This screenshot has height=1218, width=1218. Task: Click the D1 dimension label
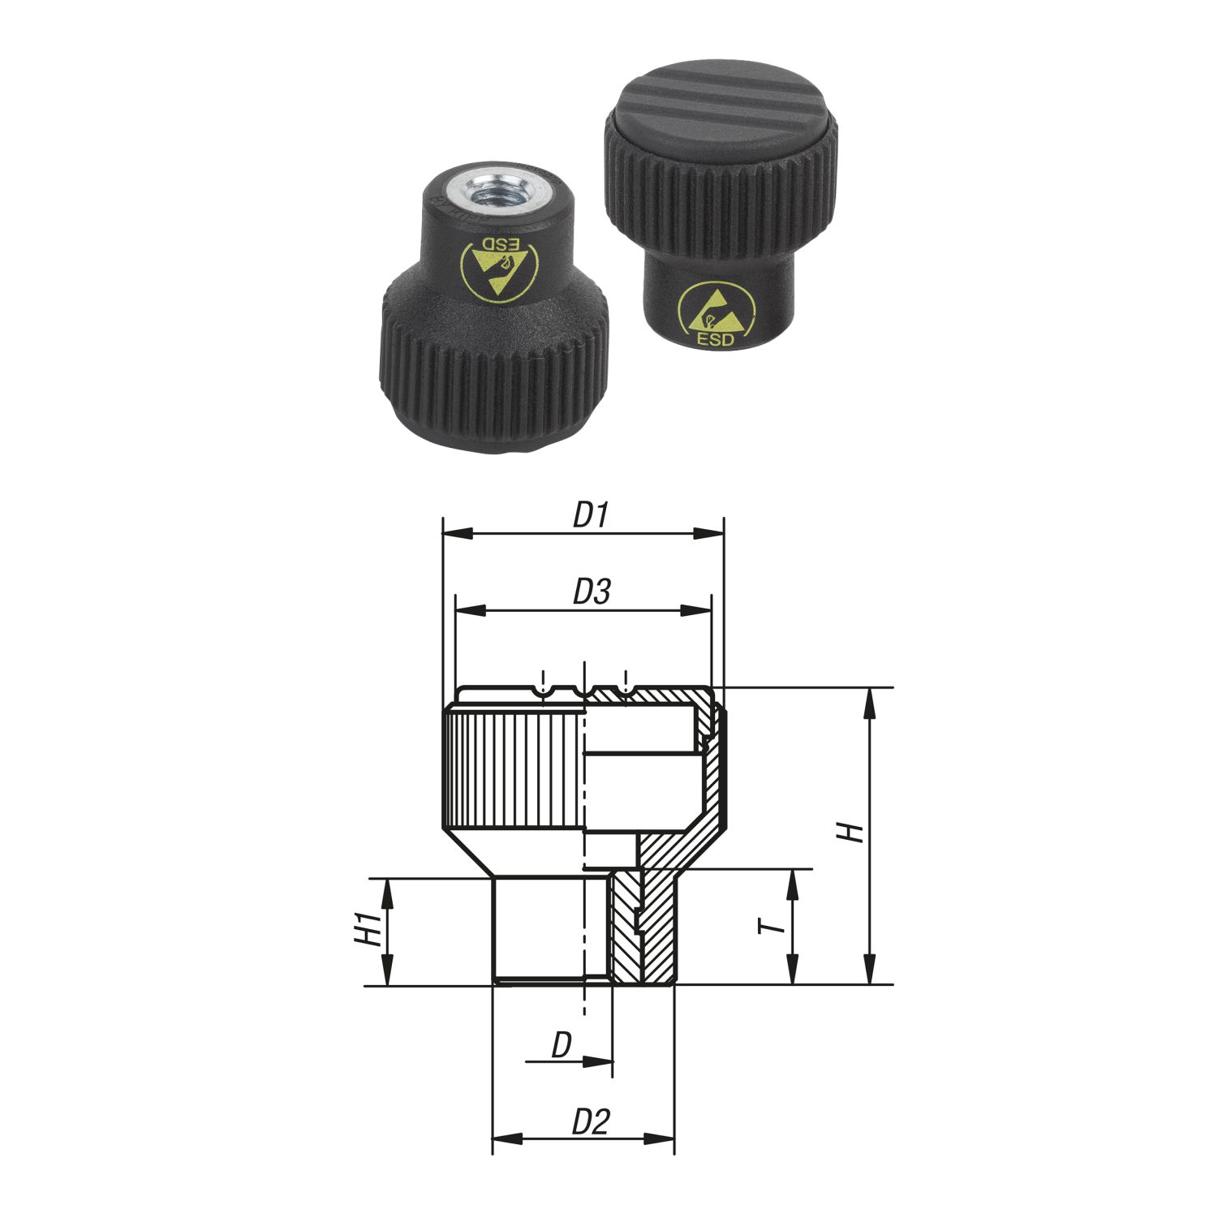tap(591, 515)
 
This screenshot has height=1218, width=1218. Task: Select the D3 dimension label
tap(592, 592)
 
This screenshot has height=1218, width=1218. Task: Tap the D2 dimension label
tap(591, 1122)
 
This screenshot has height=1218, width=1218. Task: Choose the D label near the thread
tap(562, 1046)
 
